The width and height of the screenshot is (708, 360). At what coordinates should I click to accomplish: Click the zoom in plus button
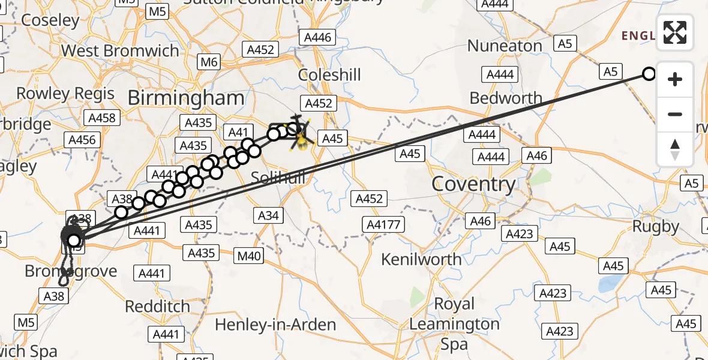[675, 79]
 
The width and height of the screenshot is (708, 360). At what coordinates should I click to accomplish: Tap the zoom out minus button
[675, 114]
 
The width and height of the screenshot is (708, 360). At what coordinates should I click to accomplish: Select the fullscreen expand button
[675, 32]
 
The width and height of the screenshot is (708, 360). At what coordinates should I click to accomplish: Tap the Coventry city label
[473, 184]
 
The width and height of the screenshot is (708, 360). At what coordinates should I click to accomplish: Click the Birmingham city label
[186, 98]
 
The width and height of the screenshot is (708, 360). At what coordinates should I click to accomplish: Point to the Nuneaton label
[505, 46]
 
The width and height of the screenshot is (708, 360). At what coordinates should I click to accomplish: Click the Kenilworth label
[422, 259]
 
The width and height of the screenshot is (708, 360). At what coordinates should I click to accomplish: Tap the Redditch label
[157, 306]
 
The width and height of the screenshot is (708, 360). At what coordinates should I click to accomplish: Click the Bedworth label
[506, 98]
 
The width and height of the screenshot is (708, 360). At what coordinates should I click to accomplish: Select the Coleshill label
[330, 75]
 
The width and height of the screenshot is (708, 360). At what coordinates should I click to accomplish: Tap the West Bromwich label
[120, 50]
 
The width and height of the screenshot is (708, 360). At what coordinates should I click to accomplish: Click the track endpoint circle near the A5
[649, 74]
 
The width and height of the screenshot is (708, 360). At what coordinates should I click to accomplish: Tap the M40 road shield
[249, 257]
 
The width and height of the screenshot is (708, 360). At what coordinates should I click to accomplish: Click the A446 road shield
[317, 38]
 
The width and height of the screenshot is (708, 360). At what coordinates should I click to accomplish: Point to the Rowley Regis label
[65, 94]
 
